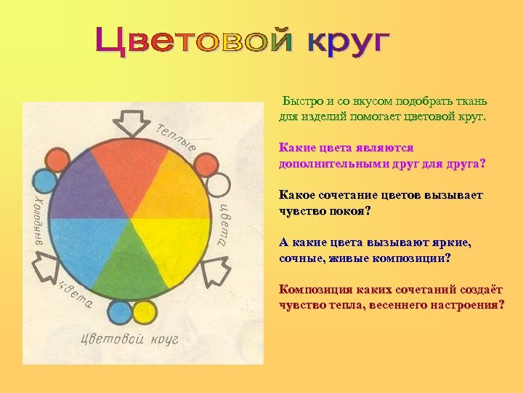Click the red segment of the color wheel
(x=130, y=164)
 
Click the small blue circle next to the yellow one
(x=119, y=313)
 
